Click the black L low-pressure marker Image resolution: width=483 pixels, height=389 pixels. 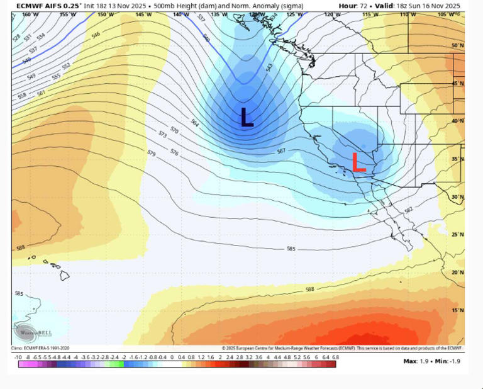pyautogui.click(x=247, y=118)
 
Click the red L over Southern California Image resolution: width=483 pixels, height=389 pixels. pyautogui.click(x=358, y=162)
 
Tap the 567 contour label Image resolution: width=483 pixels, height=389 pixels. pyautogui.click(x=282, y=151)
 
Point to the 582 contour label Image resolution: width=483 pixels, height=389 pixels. pyautogui.click(x=409, y=210)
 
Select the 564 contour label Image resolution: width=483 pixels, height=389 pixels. pyautogui.click(x=194, y=124)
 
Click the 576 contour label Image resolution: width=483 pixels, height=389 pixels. pyautogui.click(x=175, y=153)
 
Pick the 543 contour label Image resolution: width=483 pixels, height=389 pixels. pyautogui.click(x=269, y=67)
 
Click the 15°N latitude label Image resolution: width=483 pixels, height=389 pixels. pyautogui.click(x=458, y=310)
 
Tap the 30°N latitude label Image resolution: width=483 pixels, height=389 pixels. pyautogui.click(x=458, y=196)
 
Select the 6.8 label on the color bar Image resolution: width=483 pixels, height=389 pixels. pyautogui.click(x=335, y=356)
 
